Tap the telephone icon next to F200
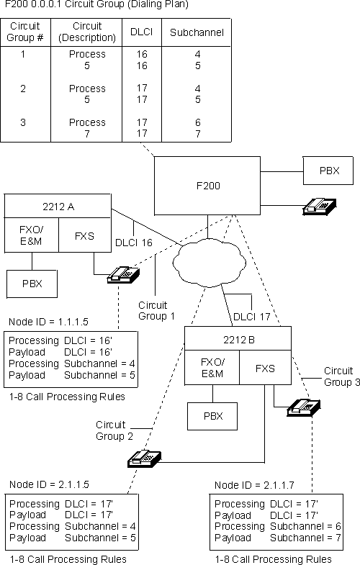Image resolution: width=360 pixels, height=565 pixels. (317, 207)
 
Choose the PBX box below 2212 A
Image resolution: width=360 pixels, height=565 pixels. (32, 284)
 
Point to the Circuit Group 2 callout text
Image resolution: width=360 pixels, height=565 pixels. (114, 430)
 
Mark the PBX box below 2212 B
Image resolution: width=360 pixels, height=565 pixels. (212, 415)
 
